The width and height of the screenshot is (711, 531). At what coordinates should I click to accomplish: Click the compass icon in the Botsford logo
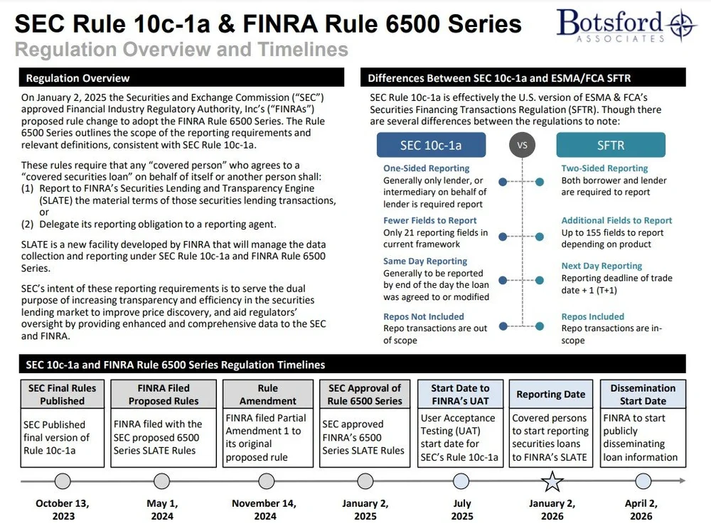coord(682,24)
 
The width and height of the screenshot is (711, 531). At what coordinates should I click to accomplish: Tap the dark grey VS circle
coord(522,145)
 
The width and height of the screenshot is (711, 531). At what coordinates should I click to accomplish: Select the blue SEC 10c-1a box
coord(431,145)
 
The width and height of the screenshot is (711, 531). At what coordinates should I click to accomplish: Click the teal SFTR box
coord(610,145)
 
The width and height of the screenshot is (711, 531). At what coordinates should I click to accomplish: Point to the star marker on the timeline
coord(552,481)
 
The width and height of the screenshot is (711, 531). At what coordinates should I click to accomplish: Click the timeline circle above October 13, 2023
coord(63,481)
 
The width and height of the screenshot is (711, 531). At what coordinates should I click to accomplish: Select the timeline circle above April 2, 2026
coord(643,481)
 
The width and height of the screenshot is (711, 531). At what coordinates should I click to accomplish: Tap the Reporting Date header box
coord(551,394)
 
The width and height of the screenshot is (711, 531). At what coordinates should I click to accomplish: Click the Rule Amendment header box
coord(268,394)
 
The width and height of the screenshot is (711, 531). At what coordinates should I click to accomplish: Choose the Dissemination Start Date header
coord(643,394)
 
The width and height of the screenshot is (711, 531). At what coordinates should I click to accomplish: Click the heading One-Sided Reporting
coord(426,168)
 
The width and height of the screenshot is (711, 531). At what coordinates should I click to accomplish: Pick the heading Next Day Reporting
coord(602,266)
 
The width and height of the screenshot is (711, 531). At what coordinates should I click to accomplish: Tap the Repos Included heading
coord(593,316)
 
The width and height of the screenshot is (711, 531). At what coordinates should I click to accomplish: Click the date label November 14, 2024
coord(264,510)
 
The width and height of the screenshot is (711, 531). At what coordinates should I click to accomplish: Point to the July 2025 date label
coord(462,510)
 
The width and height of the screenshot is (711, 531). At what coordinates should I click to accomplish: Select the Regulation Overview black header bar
coord(181,77)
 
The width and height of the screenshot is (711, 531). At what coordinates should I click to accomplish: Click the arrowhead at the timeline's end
coord(683,481)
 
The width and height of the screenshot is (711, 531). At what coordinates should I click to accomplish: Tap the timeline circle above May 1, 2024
coord(161,481)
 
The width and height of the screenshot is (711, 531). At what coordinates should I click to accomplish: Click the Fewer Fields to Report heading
coord(430,220)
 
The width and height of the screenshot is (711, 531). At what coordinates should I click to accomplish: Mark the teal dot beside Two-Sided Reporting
coord(540,182)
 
